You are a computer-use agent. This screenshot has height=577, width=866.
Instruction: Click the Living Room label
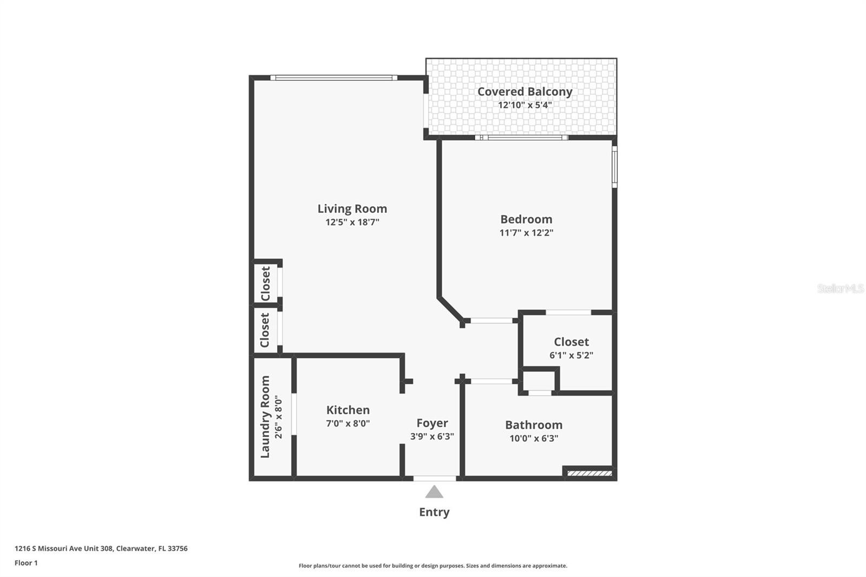coord(352,209)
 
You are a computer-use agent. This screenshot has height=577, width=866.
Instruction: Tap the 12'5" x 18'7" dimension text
coord(352,222)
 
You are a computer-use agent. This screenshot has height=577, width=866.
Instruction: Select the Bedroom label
coord(526,219)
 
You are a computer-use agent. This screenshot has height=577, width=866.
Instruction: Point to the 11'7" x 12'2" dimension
coord(526,232)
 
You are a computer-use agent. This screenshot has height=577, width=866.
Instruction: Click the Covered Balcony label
coord(524,91)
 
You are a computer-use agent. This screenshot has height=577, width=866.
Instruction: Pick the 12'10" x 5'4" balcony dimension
coord(524,105)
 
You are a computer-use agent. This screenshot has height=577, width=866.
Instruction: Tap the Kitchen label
coord(348,410)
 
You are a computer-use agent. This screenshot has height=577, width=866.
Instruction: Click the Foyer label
coord(432,423)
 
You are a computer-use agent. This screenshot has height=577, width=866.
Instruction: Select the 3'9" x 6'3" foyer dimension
coord(432,436)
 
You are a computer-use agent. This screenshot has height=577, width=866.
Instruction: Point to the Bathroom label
coord(534,425)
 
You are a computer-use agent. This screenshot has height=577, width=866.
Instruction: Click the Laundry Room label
coord(265,417)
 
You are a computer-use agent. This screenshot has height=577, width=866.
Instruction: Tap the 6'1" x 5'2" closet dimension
coord(572,355)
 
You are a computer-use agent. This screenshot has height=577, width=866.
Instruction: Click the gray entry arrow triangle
coord(434,493)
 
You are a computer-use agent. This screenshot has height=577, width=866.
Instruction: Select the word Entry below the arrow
coord(434,512)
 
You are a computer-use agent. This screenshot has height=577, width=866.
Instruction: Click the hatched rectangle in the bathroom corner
coord(589,474)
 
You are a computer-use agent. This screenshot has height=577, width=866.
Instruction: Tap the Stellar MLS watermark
coord(841,288)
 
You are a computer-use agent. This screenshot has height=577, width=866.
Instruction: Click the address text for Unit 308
coord(101,548)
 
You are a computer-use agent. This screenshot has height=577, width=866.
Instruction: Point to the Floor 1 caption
coord(27,563)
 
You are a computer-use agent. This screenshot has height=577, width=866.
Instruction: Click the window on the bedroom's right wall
coord(614,167)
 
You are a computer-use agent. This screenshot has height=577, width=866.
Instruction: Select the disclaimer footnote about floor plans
coord(433,566)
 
